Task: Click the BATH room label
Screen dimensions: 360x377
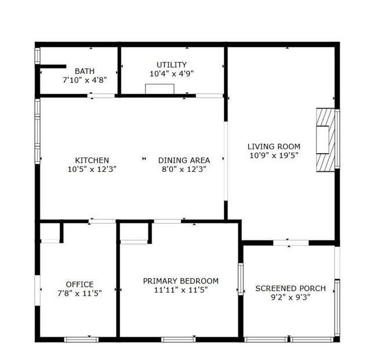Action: pyautogui.click(x=85, y=71)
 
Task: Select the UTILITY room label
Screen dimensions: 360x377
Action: pyautogui.click(x=172, y=64)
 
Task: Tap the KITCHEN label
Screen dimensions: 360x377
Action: pyautogui.click(x=92, y=160)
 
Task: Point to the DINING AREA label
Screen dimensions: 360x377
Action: pyautogui.click(x=184, y=160)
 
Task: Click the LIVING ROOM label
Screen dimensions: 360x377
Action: pyautogui.click(x=274, y=146)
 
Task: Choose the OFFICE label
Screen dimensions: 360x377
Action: pyautogui.click(x=79, y=285)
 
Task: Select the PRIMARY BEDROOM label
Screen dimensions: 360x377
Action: pyautogui.click(x=180, y=281)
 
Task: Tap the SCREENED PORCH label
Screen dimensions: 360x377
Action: pyautogui.click(x=291, y=289)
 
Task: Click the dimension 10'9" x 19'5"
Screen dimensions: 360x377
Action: pyautogui.click(x=274, y=155)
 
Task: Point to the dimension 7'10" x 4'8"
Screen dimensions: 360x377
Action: pyautogui.click(x=85, y=80)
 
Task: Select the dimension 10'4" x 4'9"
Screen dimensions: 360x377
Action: pyautogui.click(x=172, y=74)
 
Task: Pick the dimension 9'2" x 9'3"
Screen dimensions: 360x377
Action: pyautogui.click(x=291, y=298)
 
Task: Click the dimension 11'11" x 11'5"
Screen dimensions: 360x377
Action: pyautogui.click(x=180, y=290)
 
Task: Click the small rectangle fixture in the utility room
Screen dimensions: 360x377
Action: pyautogui.click(x=159, y=89)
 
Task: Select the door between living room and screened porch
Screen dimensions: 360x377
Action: pyautogui.click(x=291, y=242)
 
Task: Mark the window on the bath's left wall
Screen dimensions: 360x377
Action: pyautogui.click(x=37, y=55)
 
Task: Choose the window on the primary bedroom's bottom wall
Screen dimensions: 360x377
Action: pyautogui.click(x=177, y=339)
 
